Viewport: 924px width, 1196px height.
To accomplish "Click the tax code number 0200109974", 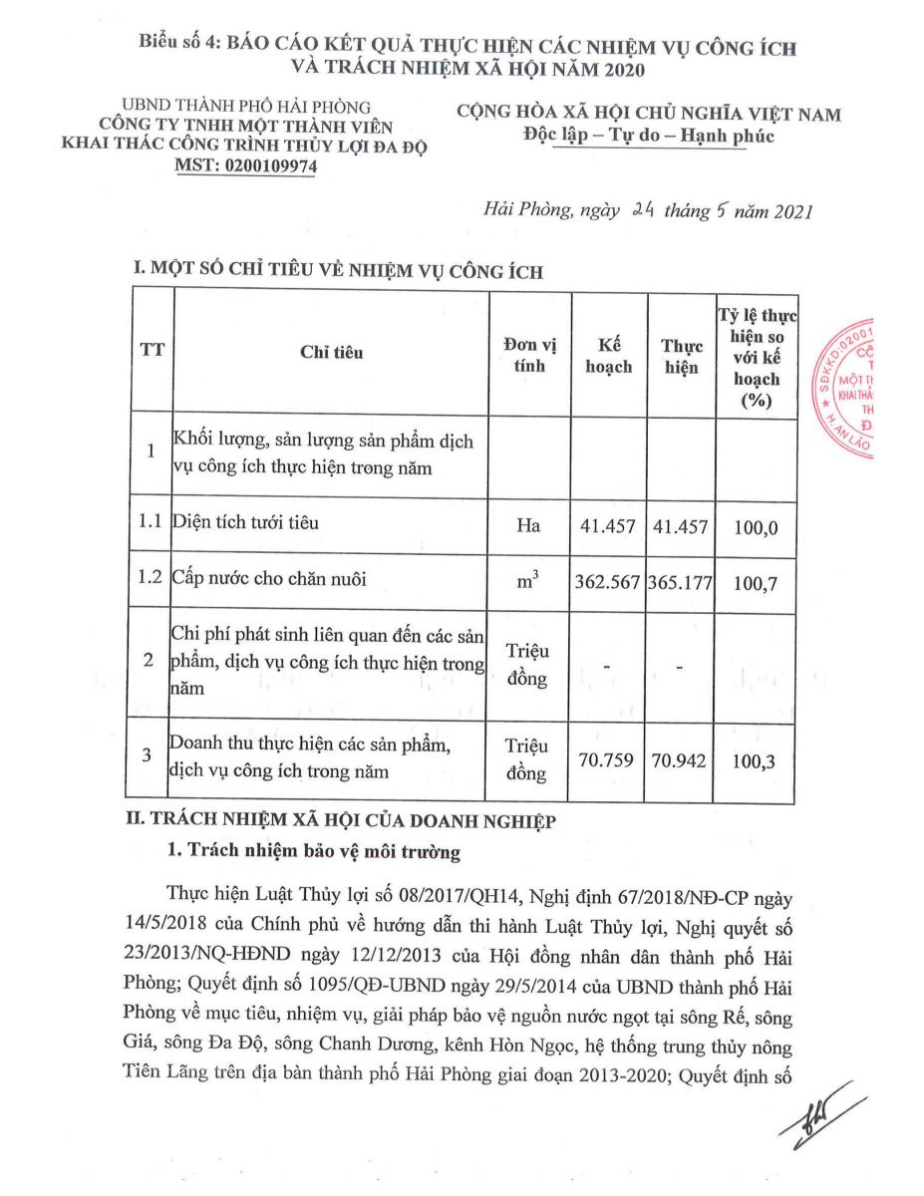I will click(281, 167).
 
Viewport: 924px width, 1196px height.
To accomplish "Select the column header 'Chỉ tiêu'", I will click(331, 353).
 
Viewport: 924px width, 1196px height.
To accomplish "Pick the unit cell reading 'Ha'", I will click(528, 525).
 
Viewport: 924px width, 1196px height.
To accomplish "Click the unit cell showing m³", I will click(528, 581).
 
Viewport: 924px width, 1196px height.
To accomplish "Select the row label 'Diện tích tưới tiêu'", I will click(245, 521).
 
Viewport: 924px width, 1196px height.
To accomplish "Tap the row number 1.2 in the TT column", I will click(151, 579).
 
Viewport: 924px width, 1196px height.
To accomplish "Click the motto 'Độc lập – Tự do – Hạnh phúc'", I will click(649, 136).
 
